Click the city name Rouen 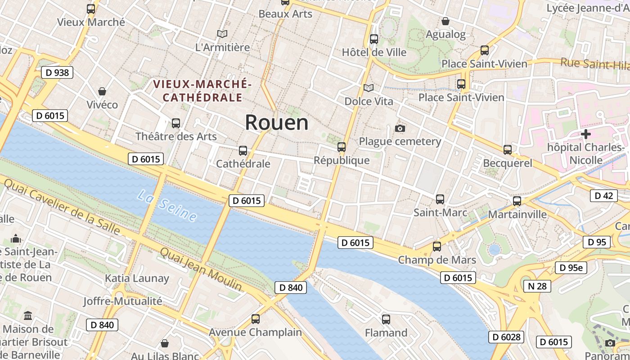(277, 122)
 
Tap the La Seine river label (167, 206)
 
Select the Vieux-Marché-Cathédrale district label (202, 90)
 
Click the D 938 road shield (58, 72)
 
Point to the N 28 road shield (537, 286)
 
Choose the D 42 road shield (603, 195)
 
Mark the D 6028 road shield (506, 337)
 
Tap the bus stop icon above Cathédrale (243, 151)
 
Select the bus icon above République (342, 147)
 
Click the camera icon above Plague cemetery (400, 129)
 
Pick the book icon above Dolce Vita (369, 88)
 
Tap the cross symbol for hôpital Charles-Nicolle (585, 134)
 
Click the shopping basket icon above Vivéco (102, 91)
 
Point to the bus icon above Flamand (386, 319)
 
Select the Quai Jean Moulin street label (201, 270)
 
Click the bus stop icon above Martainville (517, 201)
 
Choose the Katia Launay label (137, 278)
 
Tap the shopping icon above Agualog (445, 21)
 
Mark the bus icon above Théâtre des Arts (176, 123)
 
